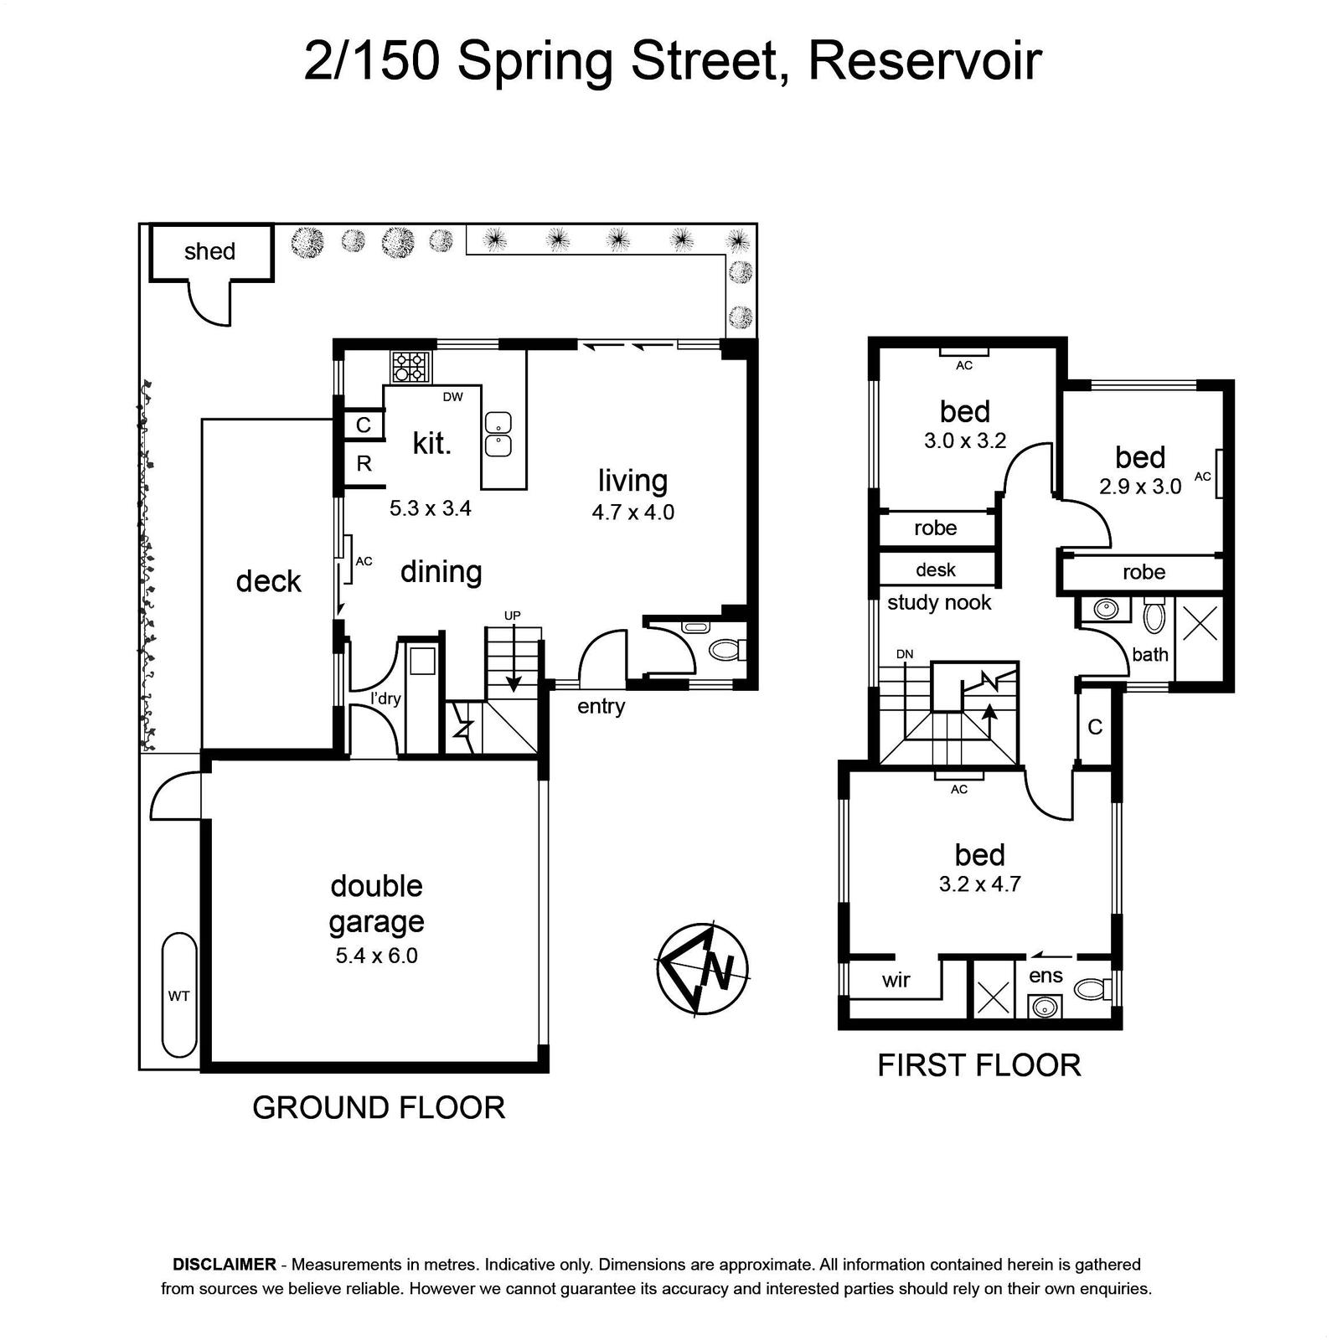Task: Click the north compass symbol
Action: (703, 968)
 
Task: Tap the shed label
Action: (209, 251)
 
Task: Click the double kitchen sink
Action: (498, 435)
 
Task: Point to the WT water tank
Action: (179, 997)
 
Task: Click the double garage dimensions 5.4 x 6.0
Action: (377, 956)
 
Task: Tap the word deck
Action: (268, 581)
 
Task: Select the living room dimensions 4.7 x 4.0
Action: (633, 512)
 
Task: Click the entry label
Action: (601, 707)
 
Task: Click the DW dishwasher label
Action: (453, 397)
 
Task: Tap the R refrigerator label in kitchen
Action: (364, 463)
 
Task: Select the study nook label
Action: (939, 603)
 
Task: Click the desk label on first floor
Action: (936, 570)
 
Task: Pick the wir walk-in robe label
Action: (896, 980)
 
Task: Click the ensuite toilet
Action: (1092, 989)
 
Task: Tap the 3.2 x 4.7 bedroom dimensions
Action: (980, 884)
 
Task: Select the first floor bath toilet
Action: (1154, 617)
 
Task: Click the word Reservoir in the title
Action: (925, 61)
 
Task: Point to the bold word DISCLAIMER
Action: (225, 1265)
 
